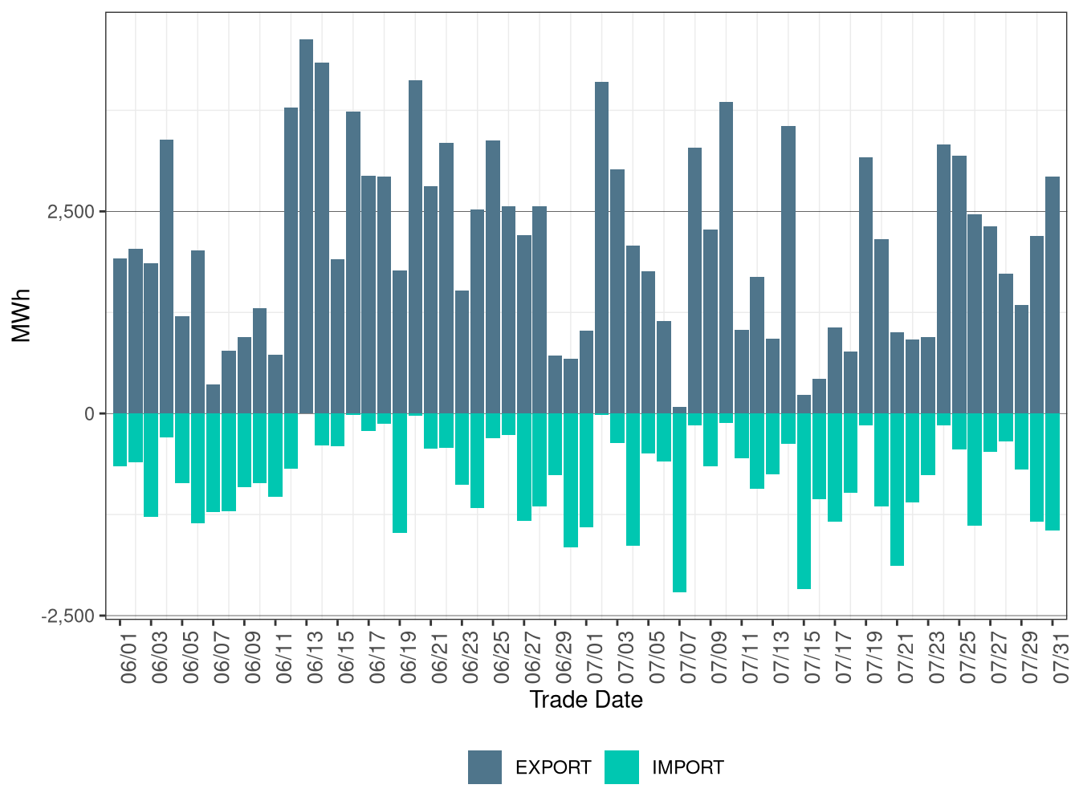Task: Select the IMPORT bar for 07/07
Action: tap(679, 502)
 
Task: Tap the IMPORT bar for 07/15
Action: tap(804, 501)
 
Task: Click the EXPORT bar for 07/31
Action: tap(1053, 295)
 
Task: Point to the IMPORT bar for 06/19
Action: tap(400, 473)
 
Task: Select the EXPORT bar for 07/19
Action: tap(865, 285)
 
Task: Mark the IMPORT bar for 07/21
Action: tap(897, 490)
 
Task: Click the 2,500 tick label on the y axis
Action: tap(71, 212)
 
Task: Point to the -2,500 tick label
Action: tap(67, 616)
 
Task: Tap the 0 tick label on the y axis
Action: tap(89, 414)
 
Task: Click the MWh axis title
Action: tap(22, 315)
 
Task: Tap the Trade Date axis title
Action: tap(586, 700)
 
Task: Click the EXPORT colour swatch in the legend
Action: tap(485, 767)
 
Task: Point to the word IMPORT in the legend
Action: tap(687, 768)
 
